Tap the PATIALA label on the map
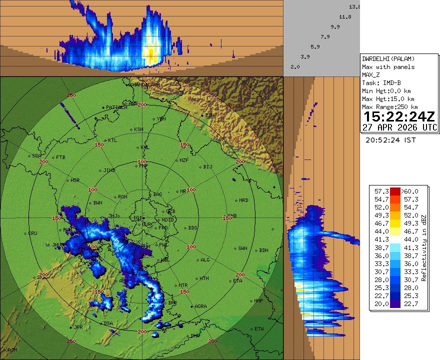pos(116,107)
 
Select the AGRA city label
pos(200,306)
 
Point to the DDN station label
pos(209,115)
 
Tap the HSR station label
pos(75,180)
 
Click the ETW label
pos(259,328)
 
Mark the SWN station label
pos(242,248)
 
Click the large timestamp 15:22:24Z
pos(399,117)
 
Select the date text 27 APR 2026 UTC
pos(399,127)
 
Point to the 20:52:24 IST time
pos(390,140)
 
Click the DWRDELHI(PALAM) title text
pos(388,58)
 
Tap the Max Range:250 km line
pos(389,106)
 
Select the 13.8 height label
pos(354,7)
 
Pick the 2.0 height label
pos(295,66)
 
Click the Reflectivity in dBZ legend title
pos(423,248)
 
